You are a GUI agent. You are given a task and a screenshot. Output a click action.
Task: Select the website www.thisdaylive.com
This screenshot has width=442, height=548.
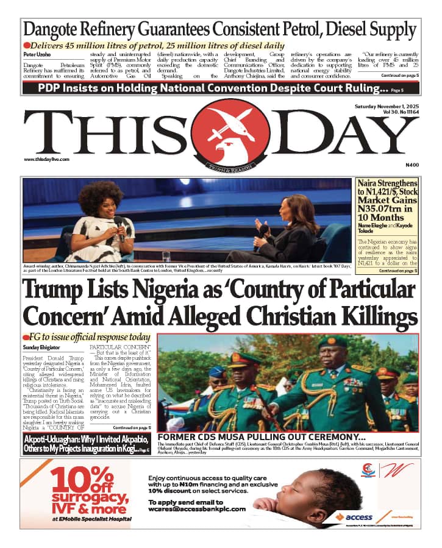click(47, 160)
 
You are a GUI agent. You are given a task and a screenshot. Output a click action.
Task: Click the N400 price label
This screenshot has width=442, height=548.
click(412, 165)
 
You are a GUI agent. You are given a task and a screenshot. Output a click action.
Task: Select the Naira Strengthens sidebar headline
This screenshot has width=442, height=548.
click(388, 201)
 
